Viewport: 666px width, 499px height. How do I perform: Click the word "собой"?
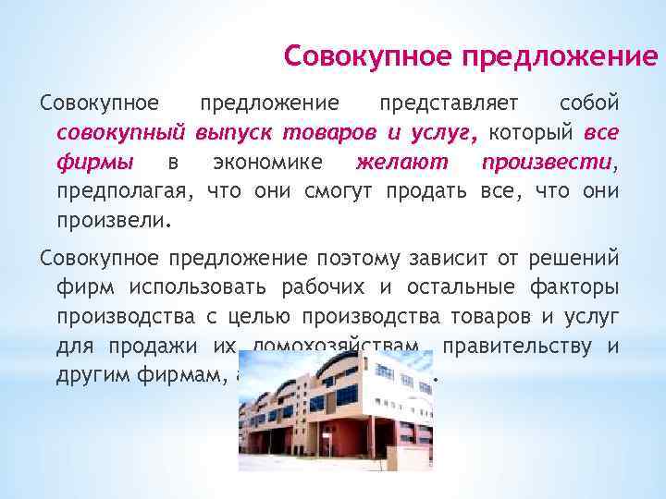(590, 102)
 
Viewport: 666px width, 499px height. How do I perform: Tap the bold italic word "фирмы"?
(95, 163)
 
